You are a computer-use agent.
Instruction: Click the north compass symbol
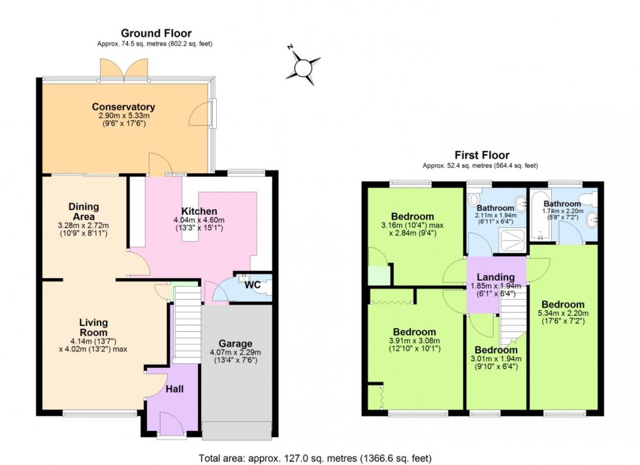[x=303, y=66]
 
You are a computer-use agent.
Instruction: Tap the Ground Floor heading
[x=156, y=33]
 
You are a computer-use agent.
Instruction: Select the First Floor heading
[x=482, y=155]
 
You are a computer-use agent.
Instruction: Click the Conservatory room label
[x=123, y=107]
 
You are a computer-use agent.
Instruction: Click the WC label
[x=253, y=285]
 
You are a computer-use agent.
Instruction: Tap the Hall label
[x=174, y=389]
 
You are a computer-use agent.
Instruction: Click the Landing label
[x=495, y=278]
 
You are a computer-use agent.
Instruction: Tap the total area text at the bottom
[x=315, y=458]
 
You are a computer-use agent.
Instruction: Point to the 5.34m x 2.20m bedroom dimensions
[x=562, y=317]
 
